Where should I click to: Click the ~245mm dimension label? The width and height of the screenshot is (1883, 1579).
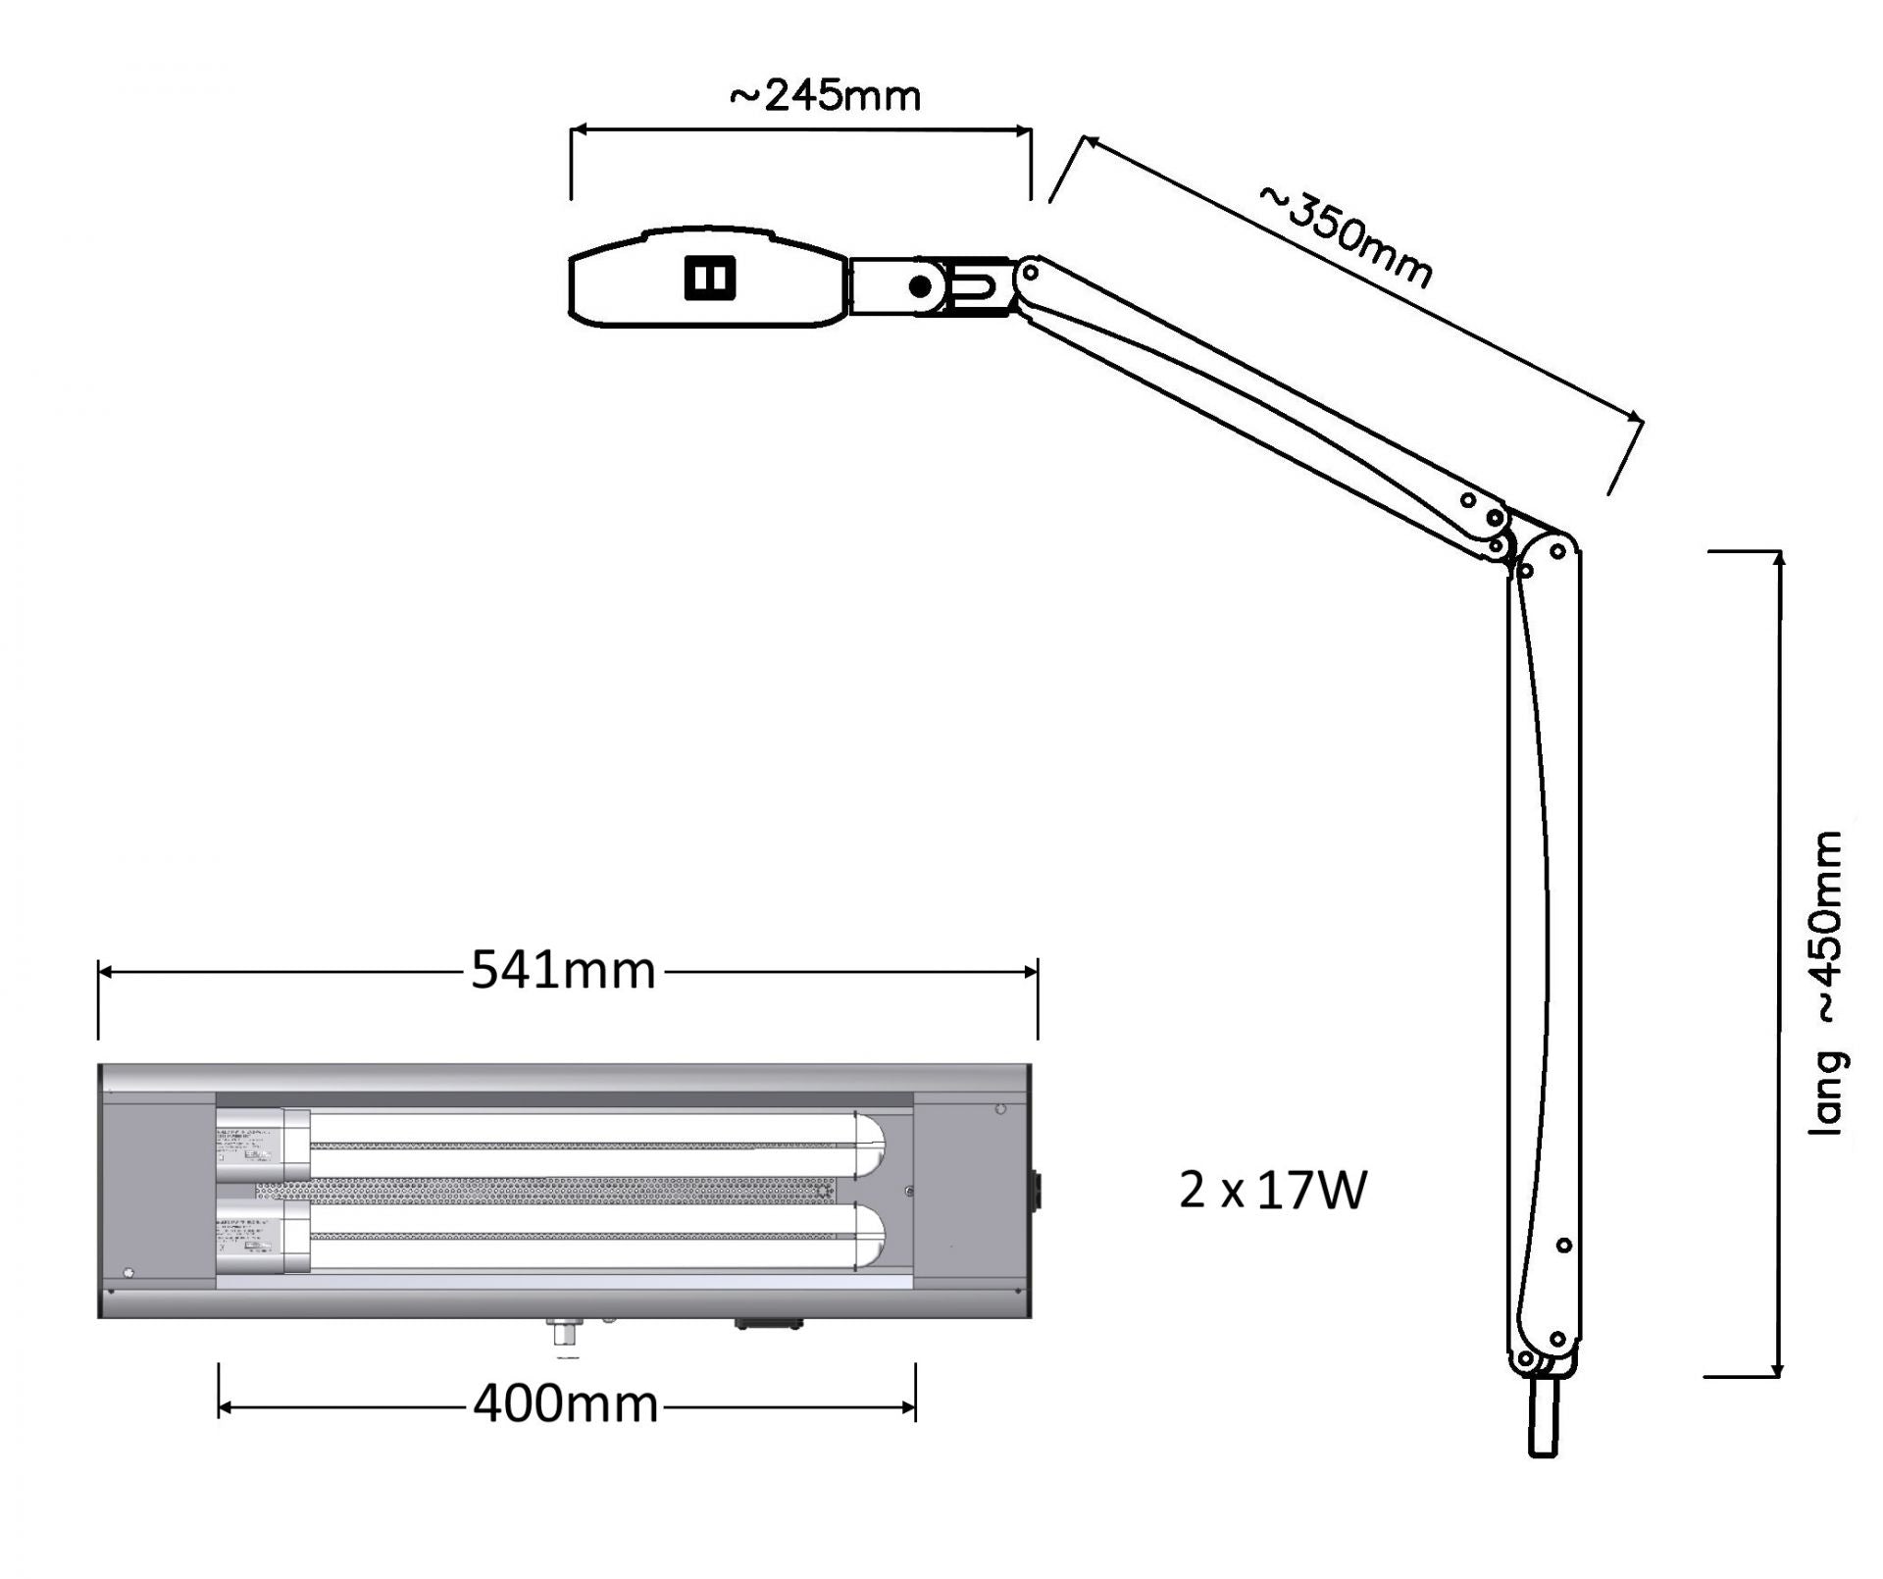point(825,96)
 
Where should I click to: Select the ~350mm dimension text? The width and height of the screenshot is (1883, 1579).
point(1346,236)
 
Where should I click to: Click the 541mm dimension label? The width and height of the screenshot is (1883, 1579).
point(563,972)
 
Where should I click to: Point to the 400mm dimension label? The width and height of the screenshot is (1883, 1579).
point(565,1404)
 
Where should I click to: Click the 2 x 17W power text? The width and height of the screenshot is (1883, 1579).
point(1273,1191)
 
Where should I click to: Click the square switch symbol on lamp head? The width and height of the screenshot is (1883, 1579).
point(709,279)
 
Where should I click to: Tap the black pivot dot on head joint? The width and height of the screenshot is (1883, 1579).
point(920,286)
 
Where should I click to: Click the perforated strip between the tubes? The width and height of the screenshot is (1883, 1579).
point(544,1191)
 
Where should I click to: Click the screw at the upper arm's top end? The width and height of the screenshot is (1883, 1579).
point(1031,271)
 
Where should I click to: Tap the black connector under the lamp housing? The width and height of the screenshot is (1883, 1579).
point(769,1324)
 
